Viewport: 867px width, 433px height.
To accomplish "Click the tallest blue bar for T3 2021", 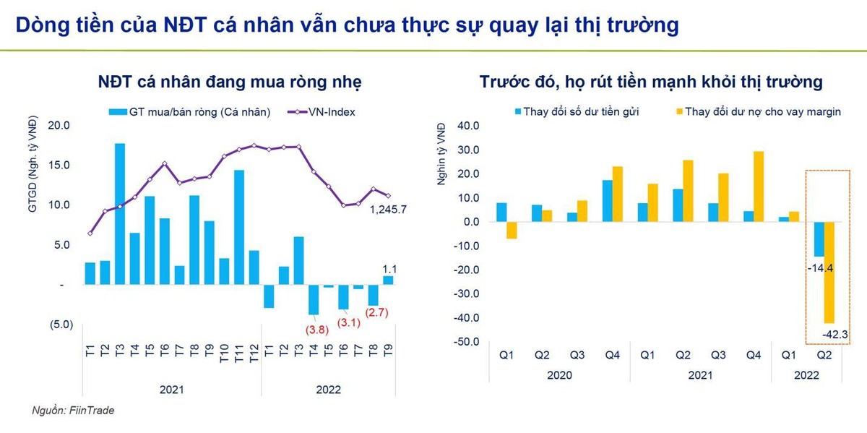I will click(x=120, y=214).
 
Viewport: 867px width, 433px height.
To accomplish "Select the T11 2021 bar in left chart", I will click(x=239, y=228).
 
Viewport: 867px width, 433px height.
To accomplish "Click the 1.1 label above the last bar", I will click(x=389, y=269).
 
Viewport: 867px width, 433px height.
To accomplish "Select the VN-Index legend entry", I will click(x=324, y=112).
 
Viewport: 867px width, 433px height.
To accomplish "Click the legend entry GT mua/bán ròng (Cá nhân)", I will click(x=190, y=112).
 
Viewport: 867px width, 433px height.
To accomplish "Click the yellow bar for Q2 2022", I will click(x=829, y=273).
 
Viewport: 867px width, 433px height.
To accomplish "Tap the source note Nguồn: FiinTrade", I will click(x=73, y=410).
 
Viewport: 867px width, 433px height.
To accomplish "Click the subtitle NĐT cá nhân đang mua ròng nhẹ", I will click(x=230, y=82).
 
